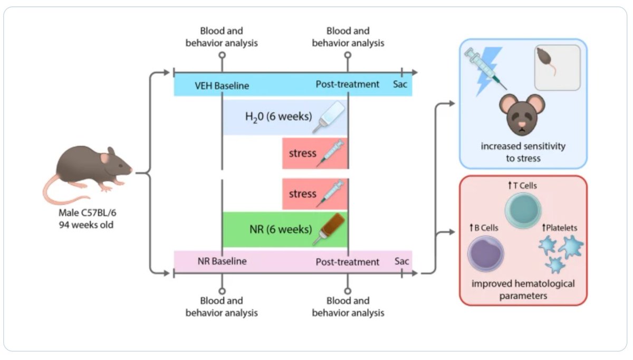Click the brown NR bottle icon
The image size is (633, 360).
pos(329,229)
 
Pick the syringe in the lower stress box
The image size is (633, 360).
pos(330,194)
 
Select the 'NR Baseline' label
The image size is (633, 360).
pos(222,261)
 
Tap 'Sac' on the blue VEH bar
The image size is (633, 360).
pos(400,84)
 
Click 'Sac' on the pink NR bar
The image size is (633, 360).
pos(402,261)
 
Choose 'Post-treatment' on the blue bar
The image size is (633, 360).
pos(347,84)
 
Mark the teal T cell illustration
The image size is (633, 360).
pos(522,209)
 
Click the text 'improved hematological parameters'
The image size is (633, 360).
pos(523,290)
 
